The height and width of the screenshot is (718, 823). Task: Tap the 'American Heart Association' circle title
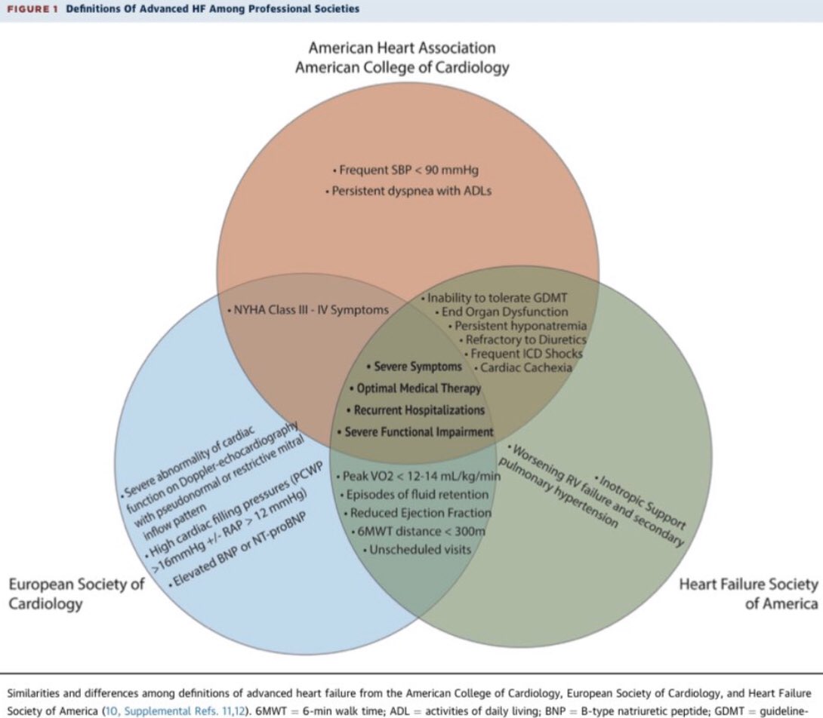tap(402, 48)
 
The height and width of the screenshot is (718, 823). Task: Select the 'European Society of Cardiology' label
tap(76, 594)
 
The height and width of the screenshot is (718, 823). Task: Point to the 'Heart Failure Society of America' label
tap(748, 594)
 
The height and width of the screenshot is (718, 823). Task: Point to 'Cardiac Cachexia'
tap(522, 367)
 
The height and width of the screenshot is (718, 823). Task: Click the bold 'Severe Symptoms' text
tap(417, 367)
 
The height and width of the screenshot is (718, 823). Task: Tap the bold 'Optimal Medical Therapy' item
tap(417, 388)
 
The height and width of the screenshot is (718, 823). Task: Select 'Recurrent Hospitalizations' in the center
tap(418, 410)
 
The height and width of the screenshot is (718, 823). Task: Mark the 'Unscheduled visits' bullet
tap(419, 549)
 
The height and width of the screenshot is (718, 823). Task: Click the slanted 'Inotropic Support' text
tap(641, 501)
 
